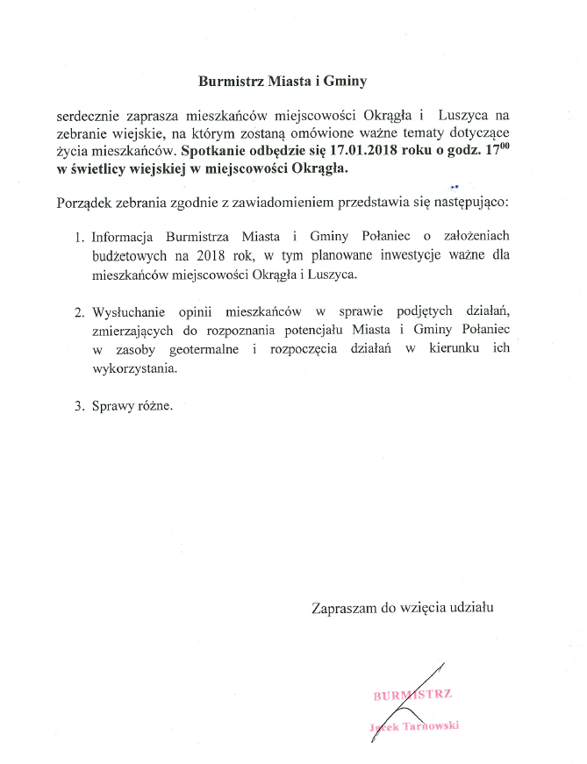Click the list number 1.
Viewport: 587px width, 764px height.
[x=77, y=237]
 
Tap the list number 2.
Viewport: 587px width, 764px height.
[x=77, y=311]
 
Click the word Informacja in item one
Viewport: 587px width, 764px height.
[x=123, y=237]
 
